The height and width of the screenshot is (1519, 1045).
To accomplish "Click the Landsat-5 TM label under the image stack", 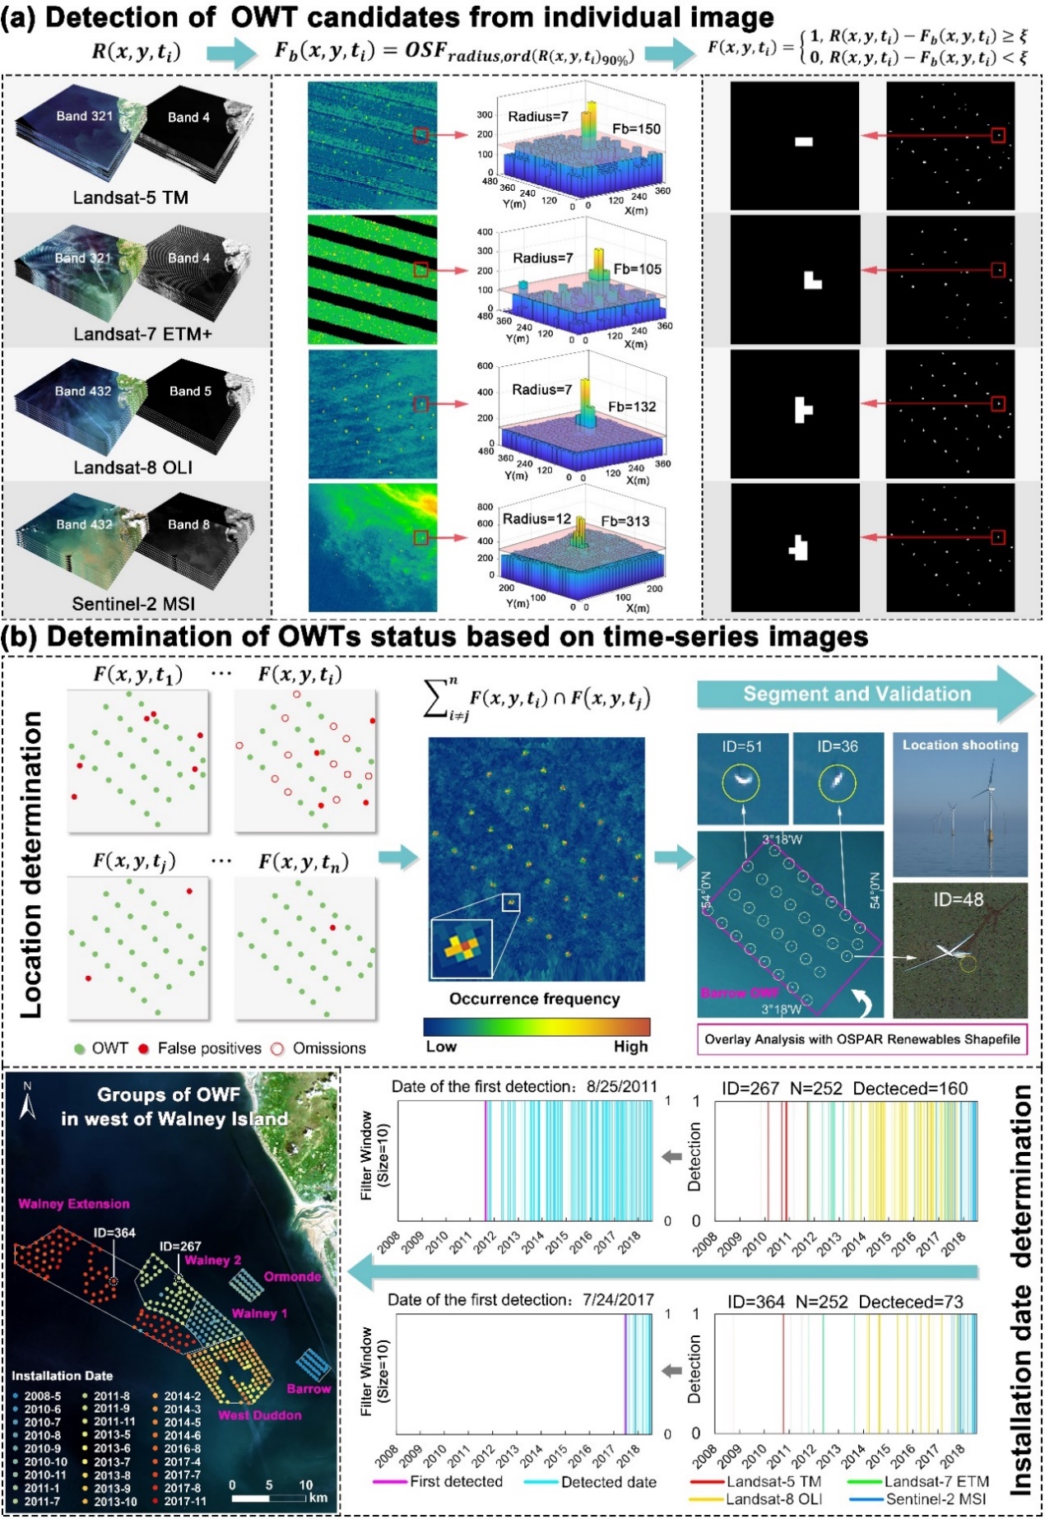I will [x=130, y=197].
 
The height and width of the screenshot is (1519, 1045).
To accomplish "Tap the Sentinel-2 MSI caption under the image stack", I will [x=133, y=604].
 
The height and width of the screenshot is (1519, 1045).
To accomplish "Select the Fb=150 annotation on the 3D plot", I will [x=636, y=129].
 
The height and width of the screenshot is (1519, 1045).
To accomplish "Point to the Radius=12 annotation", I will [x=536, y=519].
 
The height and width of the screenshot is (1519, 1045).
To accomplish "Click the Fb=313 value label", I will [x=625, y=521].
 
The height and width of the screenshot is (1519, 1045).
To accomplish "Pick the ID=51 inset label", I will [x=742, y=746].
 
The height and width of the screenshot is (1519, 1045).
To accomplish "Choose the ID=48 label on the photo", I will [x=958, y=900].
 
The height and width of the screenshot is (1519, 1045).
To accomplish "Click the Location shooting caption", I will [x=960, y=745].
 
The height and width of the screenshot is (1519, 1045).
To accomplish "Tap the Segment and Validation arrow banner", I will [x=857, y=694].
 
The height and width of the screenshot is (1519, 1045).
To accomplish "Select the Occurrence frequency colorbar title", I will [x=535, y=999].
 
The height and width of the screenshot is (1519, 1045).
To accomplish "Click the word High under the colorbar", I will [x=630, y=1047].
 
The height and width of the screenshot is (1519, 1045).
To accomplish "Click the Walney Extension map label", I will [x=74, y=1204].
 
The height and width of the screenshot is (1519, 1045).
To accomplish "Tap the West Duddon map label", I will [x=259, y=1415].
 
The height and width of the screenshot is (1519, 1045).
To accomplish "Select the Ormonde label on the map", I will [x=292, y=1277].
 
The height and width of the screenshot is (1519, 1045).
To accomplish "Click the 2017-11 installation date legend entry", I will [x=183, y=1502].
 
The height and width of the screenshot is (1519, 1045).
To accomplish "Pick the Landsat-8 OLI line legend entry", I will [x=773, y=1499].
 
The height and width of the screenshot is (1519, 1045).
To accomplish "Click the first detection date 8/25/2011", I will [x=621, y=1087].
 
